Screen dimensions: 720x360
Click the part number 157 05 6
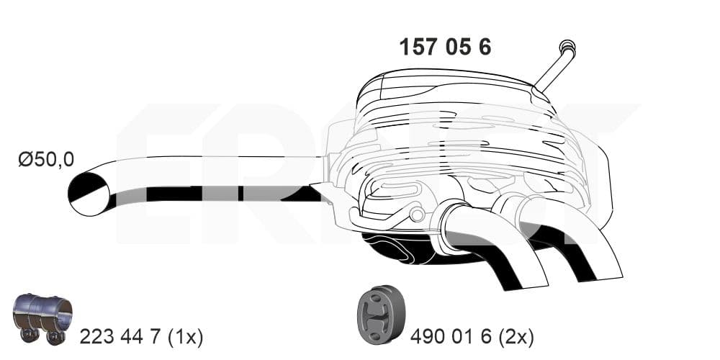445,47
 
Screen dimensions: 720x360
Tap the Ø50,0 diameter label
46,159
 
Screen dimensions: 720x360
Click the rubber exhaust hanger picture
381,315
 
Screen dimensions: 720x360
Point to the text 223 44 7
120,336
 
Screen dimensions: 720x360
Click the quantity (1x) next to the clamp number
185,337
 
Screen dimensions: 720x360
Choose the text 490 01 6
451,337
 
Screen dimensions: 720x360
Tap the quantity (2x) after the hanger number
517,338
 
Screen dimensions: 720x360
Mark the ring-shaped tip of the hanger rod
567,47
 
